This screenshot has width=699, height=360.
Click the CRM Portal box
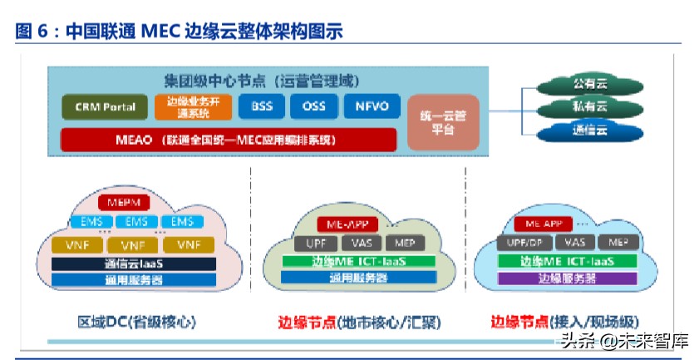click(105, 107)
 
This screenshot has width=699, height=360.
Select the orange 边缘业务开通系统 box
click(189, 107)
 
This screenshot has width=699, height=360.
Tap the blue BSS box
click(261, 107)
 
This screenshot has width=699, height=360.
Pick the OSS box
click(313, 107)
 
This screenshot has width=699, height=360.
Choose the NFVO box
click(371, 107)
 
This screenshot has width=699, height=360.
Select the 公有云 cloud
click(589, 85)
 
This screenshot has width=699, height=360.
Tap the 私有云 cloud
click(589, 107)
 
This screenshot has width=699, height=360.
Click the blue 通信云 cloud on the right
click(589, 131)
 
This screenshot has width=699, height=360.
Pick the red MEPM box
click(121, 202)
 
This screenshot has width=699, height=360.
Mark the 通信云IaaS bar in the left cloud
click(134, 264)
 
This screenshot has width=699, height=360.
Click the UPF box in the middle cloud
click(314, 243)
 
